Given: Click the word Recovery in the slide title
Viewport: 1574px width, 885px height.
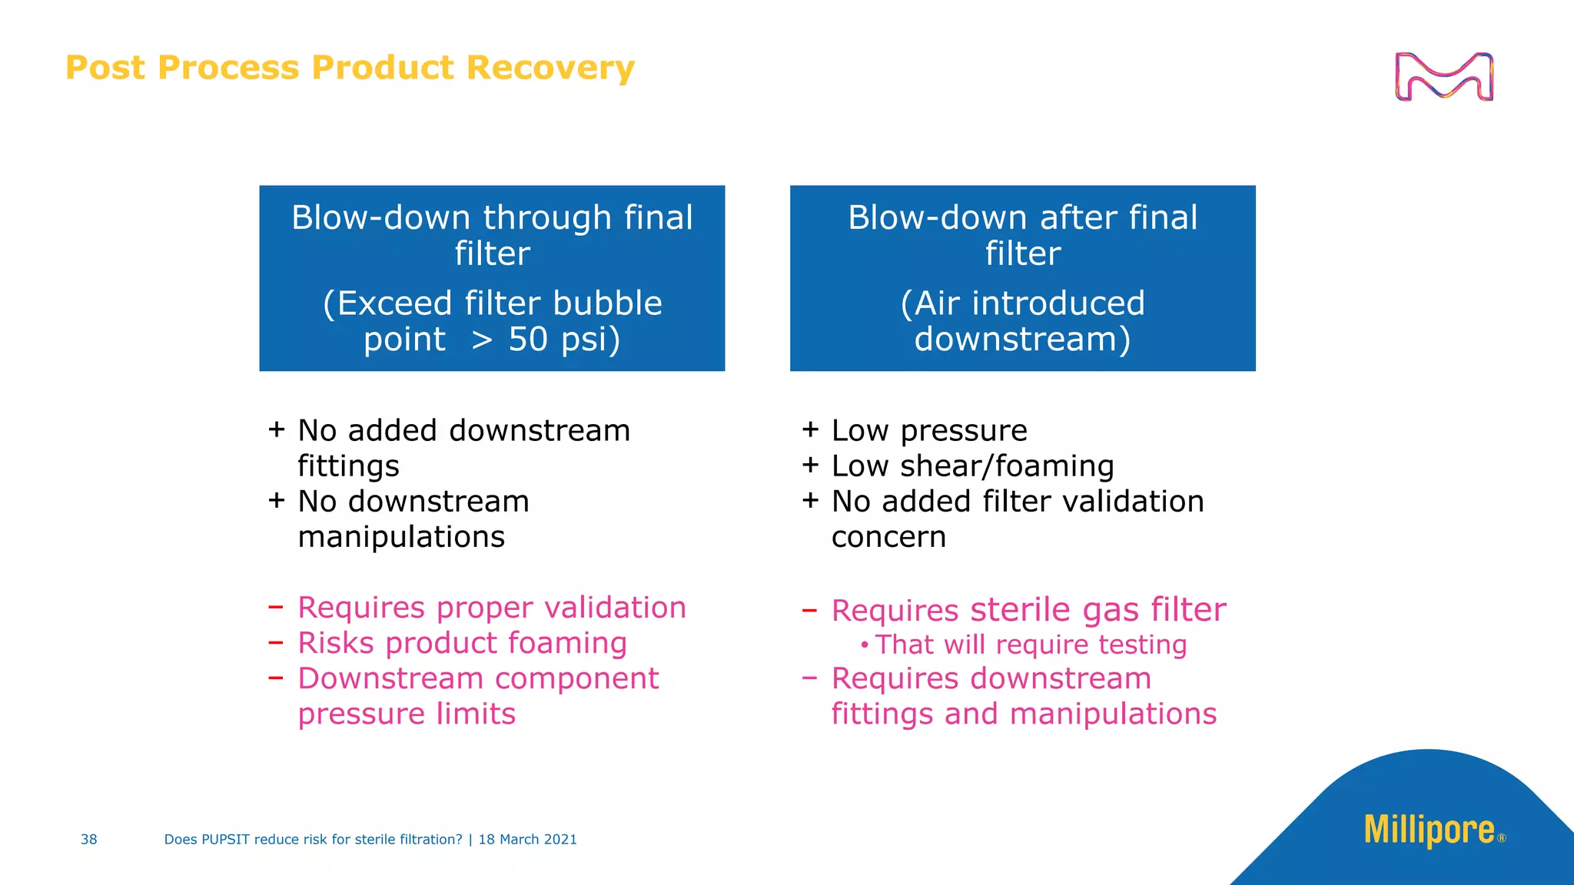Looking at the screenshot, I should point(550,68).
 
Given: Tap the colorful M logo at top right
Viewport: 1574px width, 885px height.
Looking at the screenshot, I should point(1443,77).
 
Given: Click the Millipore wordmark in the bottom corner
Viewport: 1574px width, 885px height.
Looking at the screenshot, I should point(1429,830).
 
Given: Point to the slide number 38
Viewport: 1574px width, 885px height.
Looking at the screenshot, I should point(89,840).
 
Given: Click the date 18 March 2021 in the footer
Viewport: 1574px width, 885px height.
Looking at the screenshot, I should point(527,840).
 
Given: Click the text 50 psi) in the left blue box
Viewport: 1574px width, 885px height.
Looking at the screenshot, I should point(563,339).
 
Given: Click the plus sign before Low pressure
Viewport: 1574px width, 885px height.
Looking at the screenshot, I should point(810,429).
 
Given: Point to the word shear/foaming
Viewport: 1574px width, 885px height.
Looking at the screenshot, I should point(1007,466).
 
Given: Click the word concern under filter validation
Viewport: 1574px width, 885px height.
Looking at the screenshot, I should point(888,537).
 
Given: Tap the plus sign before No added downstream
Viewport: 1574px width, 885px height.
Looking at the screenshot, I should point(277,429).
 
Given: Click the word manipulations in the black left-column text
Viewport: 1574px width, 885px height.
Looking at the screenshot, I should point(401,537).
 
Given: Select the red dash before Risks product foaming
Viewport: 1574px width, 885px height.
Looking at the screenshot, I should point(276,641).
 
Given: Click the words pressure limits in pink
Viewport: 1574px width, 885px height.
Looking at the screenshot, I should point(407,714).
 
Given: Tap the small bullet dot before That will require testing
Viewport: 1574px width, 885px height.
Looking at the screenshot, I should point(865,645).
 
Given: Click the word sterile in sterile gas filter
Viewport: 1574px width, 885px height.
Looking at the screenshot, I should point(1020,610).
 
